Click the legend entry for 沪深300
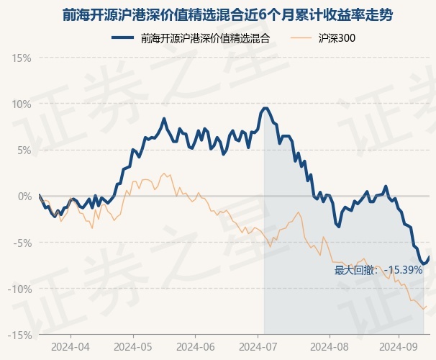tap(337, 38)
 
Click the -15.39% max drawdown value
tap(404, 270)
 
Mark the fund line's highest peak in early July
tap(265, 108)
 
